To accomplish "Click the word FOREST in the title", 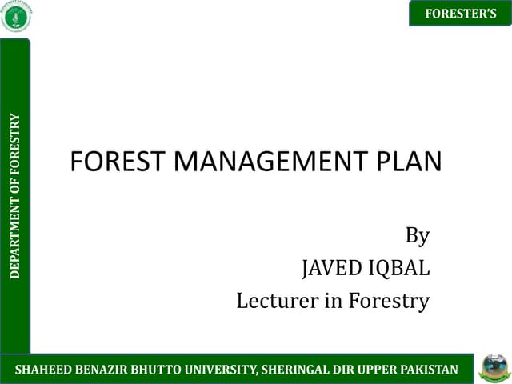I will (x=118, y=162).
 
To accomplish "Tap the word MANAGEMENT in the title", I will (x=270, y=162).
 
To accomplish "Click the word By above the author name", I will (x=418, y=236).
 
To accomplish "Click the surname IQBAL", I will (x=400, y=269).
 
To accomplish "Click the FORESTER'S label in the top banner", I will (x=460, y=14).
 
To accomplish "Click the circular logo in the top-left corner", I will (x=17, y=17).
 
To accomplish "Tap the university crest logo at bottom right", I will (x=494, y=368).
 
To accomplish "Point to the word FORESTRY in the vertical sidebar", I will (x=15, y=142).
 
